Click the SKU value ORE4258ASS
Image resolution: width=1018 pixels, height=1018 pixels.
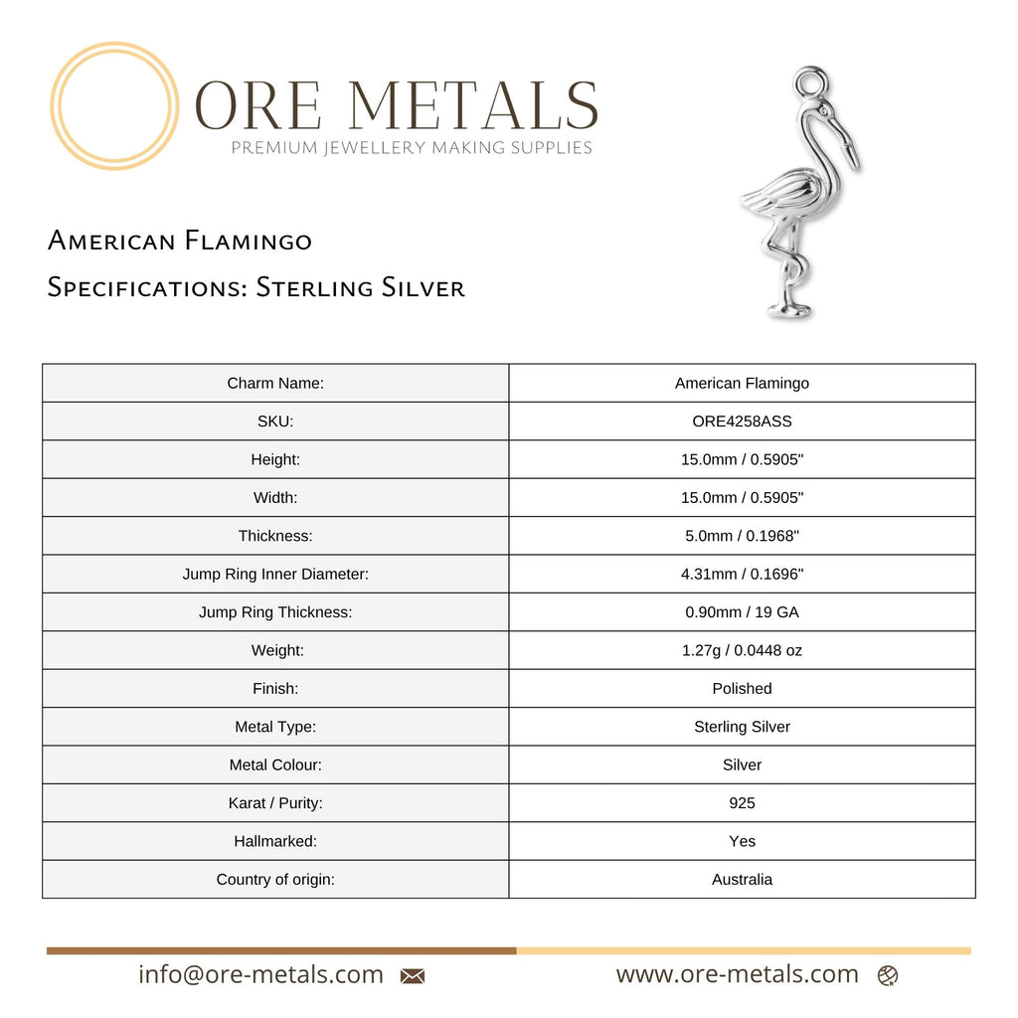pos(742,422)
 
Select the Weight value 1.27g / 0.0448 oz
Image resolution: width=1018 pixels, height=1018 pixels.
pos(742,650)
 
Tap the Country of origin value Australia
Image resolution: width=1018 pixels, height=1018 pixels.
pos(742,879)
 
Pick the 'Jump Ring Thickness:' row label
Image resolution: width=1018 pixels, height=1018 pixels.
pos(275,612)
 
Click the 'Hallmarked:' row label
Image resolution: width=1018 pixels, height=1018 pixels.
pos(275,841)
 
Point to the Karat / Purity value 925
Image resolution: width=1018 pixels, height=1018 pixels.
pos(742,803)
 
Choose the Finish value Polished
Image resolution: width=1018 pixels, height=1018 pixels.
pos(742,689)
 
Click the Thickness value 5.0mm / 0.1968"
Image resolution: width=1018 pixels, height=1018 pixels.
pos(742,536)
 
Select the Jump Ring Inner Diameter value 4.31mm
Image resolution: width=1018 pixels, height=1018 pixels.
pos(742,575)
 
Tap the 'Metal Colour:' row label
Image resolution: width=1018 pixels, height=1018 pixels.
pos(275,764)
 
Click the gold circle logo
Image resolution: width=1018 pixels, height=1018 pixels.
pos(114,105)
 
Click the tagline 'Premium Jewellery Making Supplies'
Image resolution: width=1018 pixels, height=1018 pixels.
pos(412,148)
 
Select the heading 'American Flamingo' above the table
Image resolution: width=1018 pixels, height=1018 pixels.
pos(180,241)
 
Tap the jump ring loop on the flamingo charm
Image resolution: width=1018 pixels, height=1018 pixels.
pos(812,81)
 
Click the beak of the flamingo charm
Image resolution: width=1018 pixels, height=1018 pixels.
pos(850,149)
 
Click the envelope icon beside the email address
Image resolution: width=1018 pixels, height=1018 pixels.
pos(413,976)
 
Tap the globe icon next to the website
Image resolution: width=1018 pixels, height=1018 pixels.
pos(888,975)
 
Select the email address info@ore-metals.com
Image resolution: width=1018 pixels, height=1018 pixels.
pos(260,974)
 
